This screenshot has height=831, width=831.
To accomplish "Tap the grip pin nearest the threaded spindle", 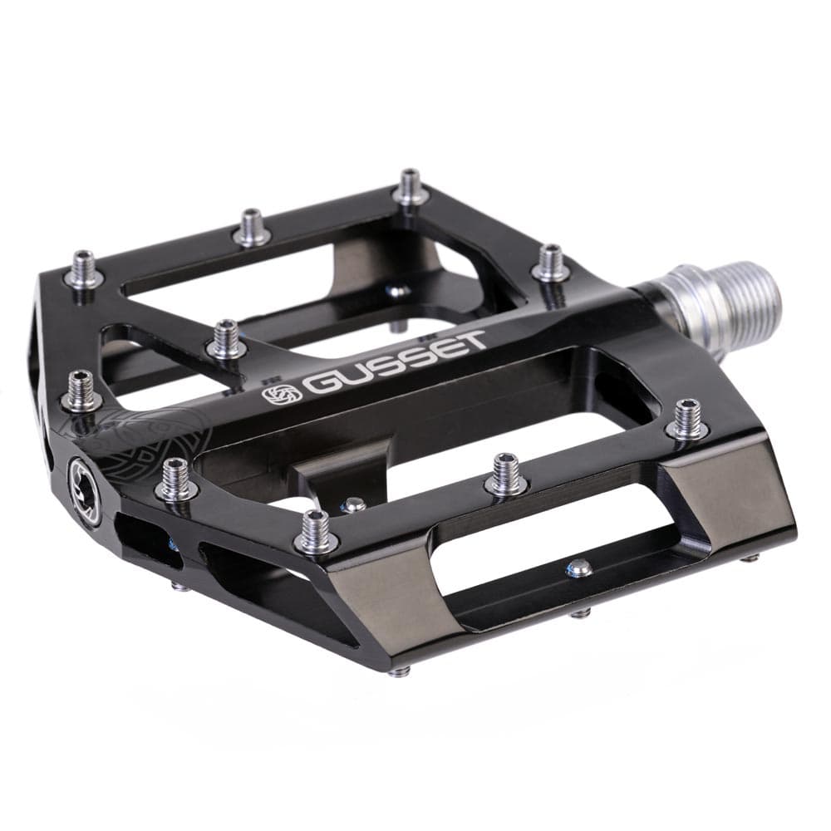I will coord(550,263).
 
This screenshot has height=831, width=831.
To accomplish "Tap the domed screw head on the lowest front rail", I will coord(579,568).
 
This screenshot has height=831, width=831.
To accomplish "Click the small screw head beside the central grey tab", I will coord(355,504).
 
